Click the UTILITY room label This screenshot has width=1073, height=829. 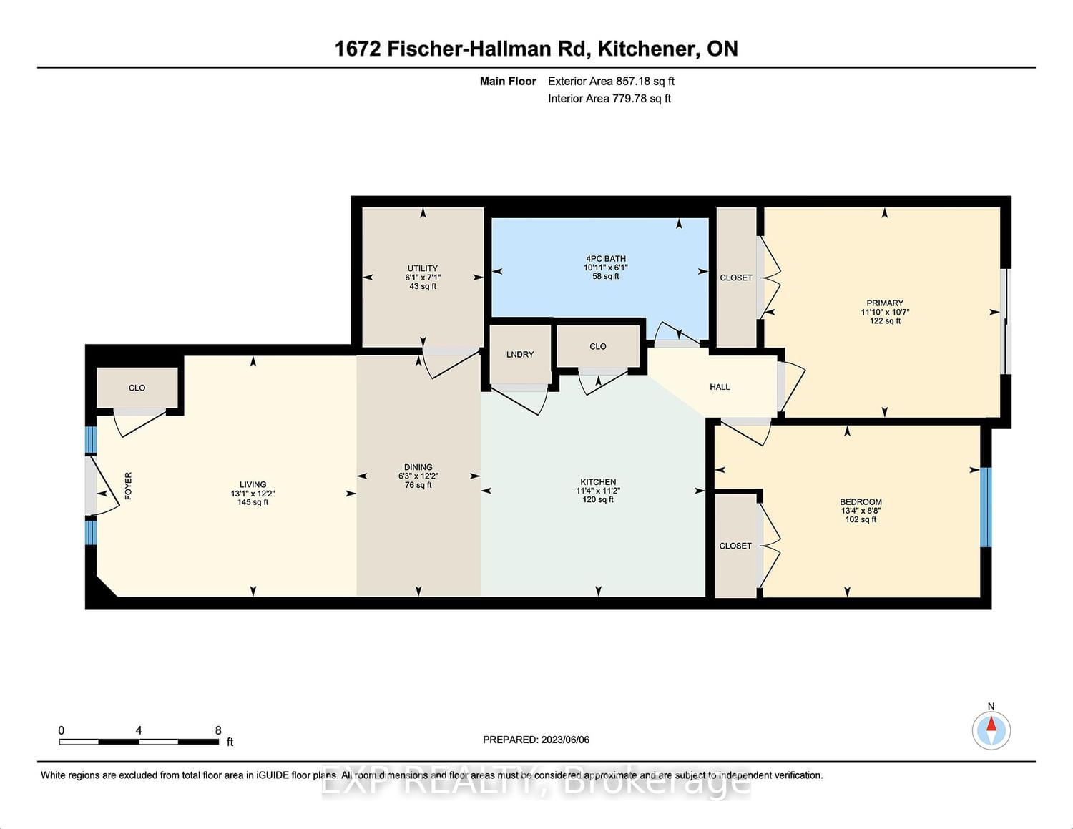tap(422, 269)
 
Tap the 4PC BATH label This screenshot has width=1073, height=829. tap(605, 259)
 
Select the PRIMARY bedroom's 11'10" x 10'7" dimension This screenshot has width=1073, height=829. tap(885, 312)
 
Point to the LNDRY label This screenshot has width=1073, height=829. tap(520, 355)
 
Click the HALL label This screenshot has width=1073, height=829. tap(720, 387)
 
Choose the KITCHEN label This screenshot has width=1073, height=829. tap(598, 482)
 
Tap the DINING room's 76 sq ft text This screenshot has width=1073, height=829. tap(418, 486)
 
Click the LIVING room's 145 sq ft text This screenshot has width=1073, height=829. tap(253, 503)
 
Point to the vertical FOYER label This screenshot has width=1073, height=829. tap(128, 486)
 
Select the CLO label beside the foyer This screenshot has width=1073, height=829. tap(137, 388)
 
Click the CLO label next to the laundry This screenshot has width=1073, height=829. tap(597, 347)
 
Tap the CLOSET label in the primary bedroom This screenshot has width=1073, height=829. tap(736, 278)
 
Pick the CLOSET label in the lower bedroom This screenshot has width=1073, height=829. tap(735, 546)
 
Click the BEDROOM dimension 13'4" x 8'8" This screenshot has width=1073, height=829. tap(861, 511)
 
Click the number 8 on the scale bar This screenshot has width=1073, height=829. tap(218, 730)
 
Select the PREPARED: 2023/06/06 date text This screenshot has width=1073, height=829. tap(536, 740)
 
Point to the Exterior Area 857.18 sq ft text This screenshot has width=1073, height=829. tap(611, 82)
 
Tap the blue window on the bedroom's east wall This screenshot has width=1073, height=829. tap(986, 507)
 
